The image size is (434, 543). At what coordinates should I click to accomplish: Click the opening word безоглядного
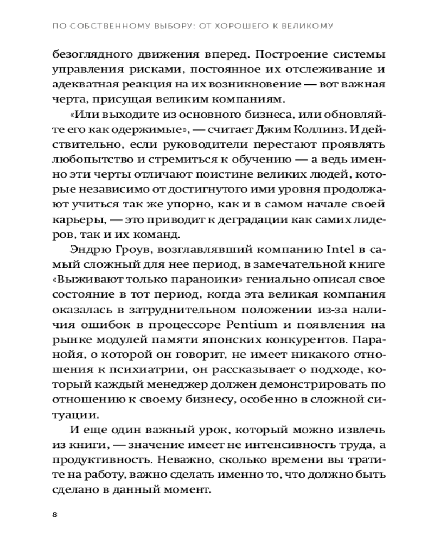[86, 56]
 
